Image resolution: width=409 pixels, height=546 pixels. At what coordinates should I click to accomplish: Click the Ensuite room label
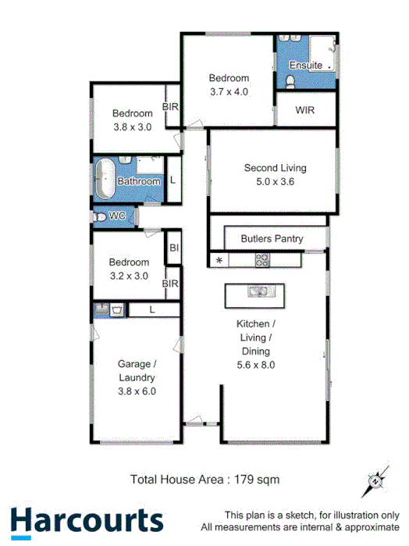click(305, 65)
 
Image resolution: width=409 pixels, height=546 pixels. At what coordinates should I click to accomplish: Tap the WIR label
click(304, 110)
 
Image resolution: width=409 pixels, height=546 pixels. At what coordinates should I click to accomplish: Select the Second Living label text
click(275, 168)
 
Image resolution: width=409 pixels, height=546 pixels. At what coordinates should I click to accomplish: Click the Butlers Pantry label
click(272, 238)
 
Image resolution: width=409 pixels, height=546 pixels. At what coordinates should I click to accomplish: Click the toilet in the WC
click(99, 216)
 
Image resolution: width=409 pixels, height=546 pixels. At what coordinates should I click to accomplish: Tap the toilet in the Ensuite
click(290, 80)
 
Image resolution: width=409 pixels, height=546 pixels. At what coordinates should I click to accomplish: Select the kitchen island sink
click(258, 292)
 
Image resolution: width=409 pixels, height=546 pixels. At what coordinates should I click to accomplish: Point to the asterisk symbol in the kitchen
click(219, 260)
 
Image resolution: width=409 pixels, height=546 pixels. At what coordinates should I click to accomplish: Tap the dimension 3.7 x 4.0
click(229, 91)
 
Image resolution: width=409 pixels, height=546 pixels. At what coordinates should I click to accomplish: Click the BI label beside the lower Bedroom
click(173, 248)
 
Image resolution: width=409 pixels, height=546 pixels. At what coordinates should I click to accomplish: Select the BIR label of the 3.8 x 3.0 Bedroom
click(170, 107)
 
